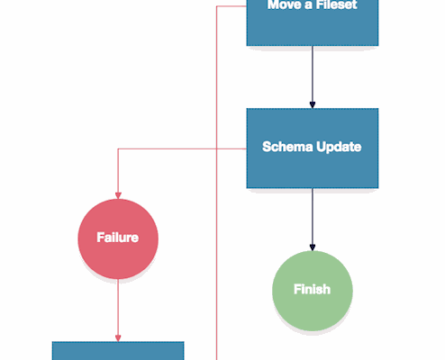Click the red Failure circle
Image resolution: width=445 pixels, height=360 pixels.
pyautogui.click(x=118, y=238)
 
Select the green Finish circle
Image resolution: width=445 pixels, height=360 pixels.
pyautogui.click(x=313, y=291)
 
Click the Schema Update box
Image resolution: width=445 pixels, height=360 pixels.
pyautogui.click(x=313, y=148)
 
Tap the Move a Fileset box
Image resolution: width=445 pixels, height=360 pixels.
pyautogui.click(x=313, y=22)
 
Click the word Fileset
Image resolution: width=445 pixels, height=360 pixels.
pyautogui.click(x=336, y=4)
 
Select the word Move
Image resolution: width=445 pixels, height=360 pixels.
pyautogui.click(x=284, y=4)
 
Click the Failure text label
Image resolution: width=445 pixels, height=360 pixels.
pyautogui.click(x=118, y=238)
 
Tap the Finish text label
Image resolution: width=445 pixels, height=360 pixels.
pyautogui.click(x=312, y=289)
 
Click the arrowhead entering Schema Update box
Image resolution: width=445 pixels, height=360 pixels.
pyautogui.click(x=313, y=104)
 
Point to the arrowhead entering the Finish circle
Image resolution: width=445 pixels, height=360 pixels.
pyautogui.click(x=313, y=247)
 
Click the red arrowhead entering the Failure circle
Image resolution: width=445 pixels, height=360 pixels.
pyautogui.click(x=118, y=195)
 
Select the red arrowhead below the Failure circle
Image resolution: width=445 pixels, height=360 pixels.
pyautogui.click(x=118, y=338)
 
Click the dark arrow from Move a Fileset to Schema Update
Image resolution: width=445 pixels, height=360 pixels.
pyautogui.click(x=313, y=77)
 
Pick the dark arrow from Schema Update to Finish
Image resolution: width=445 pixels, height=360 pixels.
pyautogui.click(x=313, y=220)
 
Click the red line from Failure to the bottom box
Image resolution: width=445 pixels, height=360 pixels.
pyautogui.click(x=118, y=310)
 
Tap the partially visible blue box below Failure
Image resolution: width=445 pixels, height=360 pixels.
pyautogui.click(x=118, y=351)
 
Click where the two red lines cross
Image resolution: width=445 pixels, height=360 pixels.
pyautogui.click(x=217, y=148)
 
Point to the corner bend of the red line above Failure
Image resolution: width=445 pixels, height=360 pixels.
pyautogui.click(x=118, y=148)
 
